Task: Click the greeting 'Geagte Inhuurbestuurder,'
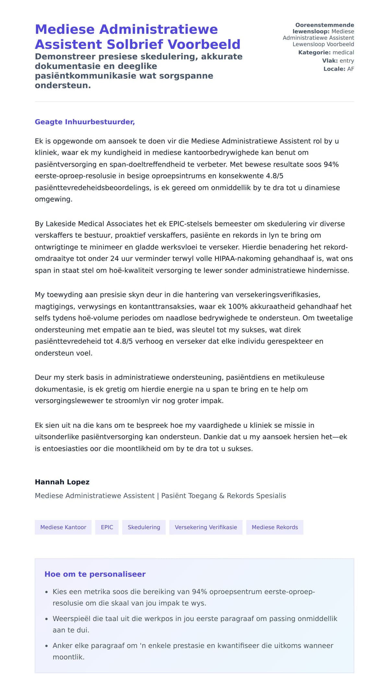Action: pyautogui.click(x=85, y=122)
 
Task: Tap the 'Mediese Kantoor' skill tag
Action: pyautogui.click(x=63, y=527)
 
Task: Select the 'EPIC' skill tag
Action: pyautogui.click(x=107, y=527)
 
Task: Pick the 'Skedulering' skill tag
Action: pyautogui.click(x=144, y=527)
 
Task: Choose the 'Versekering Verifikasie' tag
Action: pyautogui.click(x=206, y=527)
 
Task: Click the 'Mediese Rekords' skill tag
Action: pyautogui.click(x=275, y=527)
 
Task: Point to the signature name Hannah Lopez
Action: pyautogui.click(x=62, y=482)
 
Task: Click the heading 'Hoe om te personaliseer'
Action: pyautogui.click(x=95, y=574)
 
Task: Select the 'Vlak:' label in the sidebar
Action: pyautogui.click(x=330, y=61)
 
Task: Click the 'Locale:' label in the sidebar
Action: pyautogui.click(x=334, y=69)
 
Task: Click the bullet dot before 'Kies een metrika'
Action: pyautogui.click(x=46, y=592)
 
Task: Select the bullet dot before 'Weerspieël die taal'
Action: pyautogui.click(x=46, y=619)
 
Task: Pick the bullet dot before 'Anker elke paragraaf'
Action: pyautogui.click(x=46, y=646)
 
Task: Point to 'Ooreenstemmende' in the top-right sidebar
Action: pyautogui.click(x=324, y=25)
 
